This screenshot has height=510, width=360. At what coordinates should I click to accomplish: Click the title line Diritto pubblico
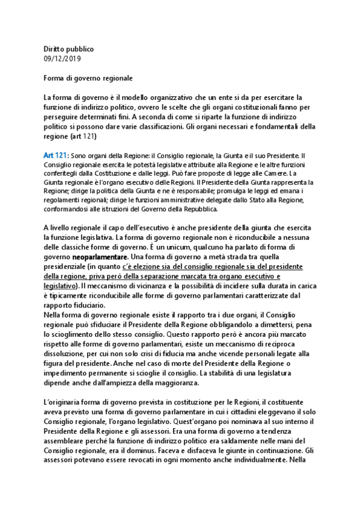pos(69,49)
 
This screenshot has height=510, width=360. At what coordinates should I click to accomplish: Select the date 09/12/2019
pos(62,58)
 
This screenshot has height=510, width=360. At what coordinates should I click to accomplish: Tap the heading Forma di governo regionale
pos(88,78)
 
